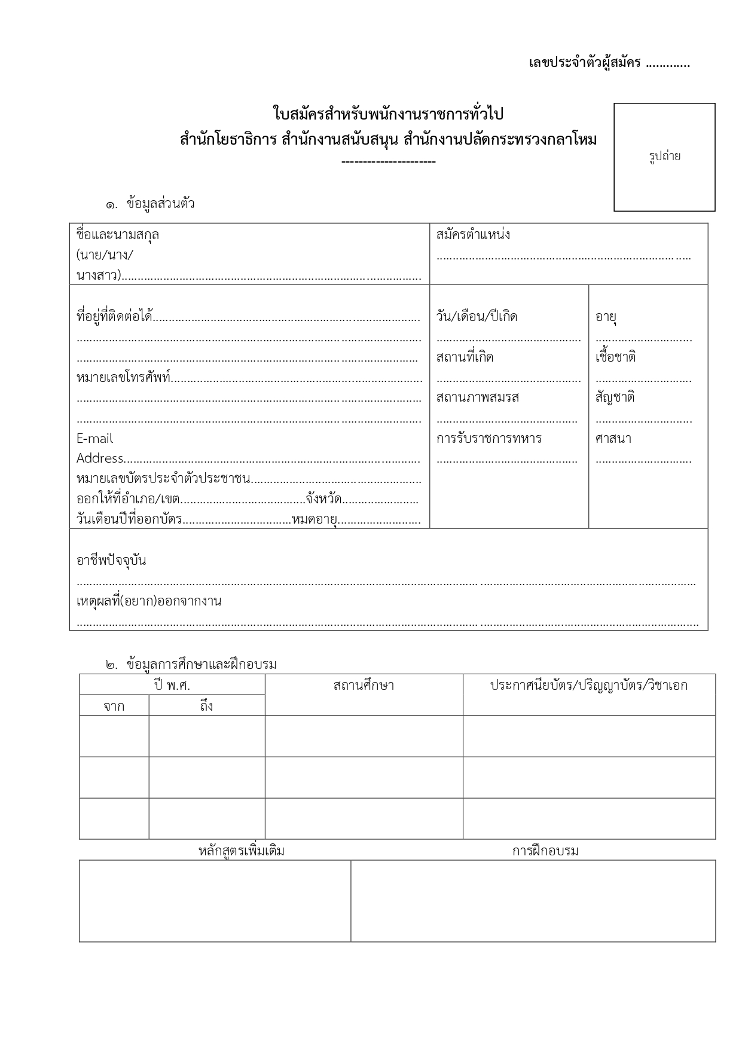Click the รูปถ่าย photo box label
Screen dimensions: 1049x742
point(664,157)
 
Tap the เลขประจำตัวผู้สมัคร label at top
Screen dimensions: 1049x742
point(584,63)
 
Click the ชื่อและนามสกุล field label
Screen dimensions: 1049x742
point(118,234)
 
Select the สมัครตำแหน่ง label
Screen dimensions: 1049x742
point(473,234)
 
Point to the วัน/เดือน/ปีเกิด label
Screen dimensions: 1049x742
point(477,316)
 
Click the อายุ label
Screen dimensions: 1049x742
point(606,316)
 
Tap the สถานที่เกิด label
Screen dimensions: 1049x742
point(465,357)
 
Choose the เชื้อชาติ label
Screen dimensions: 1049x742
point(615,357)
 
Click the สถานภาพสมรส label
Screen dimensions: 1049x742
point(478,397)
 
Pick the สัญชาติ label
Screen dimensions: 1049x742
point(615,397)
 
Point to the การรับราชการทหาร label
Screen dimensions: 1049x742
point(489,438)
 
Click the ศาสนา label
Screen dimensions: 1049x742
point(613,438)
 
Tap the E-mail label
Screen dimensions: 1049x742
point(94,439)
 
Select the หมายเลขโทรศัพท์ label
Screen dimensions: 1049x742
point(124,378)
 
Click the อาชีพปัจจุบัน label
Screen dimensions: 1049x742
point(111,561)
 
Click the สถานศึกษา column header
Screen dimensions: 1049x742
point(364,686)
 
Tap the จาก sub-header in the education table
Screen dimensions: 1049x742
point(114,707)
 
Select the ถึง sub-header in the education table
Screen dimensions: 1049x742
point(206,707)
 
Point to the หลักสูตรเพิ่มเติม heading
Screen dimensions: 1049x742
point(242,851)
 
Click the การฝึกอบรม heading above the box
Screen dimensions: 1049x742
point(545,851)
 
